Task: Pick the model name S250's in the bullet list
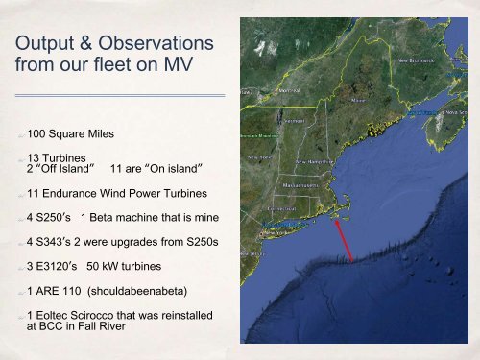tap(55, 217)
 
